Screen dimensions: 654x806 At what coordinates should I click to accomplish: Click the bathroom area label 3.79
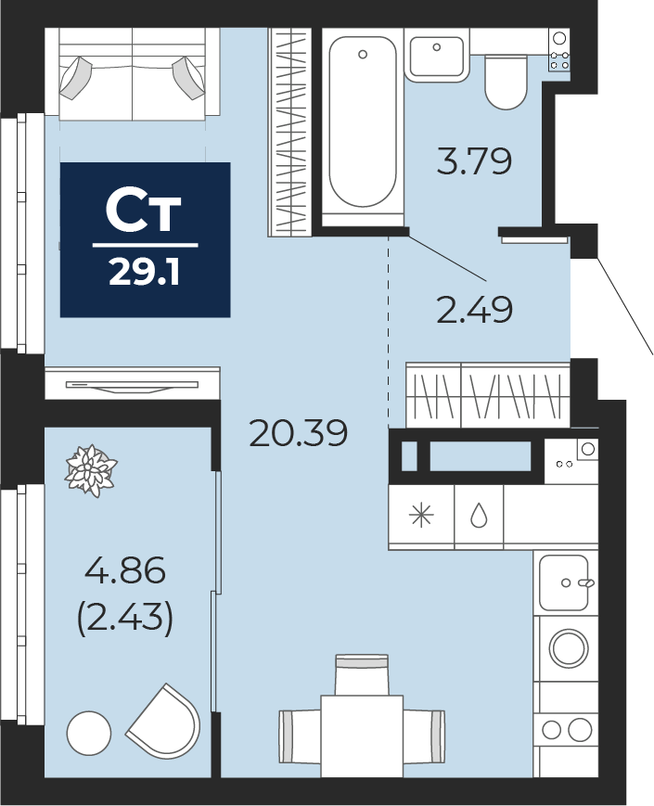474,160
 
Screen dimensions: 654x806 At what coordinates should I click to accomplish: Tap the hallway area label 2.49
474,310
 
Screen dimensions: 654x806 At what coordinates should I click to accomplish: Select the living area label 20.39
298,432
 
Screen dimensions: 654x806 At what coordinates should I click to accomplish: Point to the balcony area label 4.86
125,570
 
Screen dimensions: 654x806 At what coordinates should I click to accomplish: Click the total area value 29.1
144,272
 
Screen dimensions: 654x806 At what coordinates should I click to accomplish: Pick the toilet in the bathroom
507,82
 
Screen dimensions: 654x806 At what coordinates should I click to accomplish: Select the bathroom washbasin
437,56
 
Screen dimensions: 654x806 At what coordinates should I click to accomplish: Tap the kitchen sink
564,582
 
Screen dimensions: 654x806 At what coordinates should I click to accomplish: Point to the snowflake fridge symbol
421,516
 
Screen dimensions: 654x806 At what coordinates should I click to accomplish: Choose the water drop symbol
479,515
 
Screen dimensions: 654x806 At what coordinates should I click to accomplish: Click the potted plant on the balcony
91,471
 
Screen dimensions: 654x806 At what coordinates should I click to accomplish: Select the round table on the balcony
89,734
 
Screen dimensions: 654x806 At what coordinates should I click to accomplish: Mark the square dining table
362,736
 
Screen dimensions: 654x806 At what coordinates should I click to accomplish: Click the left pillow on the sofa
74,78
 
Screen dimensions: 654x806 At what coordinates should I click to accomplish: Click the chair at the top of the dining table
362,674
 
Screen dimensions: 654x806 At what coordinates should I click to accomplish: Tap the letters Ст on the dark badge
144,211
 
